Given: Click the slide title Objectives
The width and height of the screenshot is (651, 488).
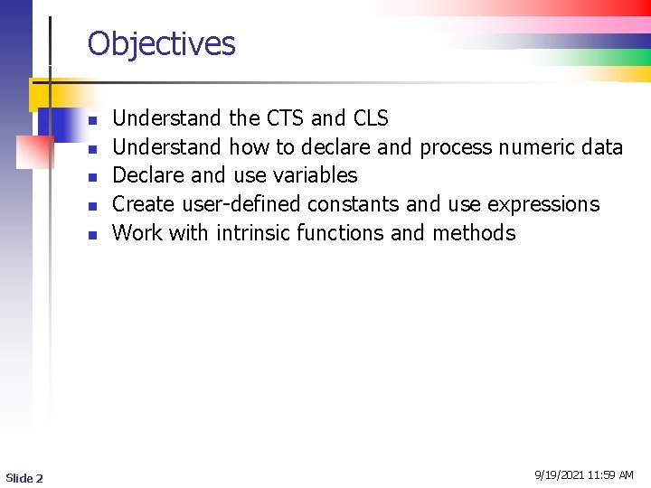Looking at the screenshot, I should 161,43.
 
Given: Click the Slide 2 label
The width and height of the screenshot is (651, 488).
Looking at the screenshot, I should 24,477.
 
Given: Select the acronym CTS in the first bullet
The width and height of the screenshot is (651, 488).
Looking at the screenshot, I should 286,118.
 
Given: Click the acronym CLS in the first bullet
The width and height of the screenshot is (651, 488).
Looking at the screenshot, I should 371,118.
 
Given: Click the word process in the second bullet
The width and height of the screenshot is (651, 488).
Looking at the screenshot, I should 457,147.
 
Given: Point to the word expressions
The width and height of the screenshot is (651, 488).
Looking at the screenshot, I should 543,205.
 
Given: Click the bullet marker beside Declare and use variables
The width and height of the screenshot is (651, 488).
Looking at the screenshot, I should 91,176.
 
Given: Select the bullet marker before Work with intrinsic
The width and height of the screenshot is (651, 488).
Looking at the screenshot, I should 91,234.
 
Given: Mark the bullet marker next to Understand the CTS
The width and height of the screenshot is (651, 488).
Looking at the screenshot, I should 91,119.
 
